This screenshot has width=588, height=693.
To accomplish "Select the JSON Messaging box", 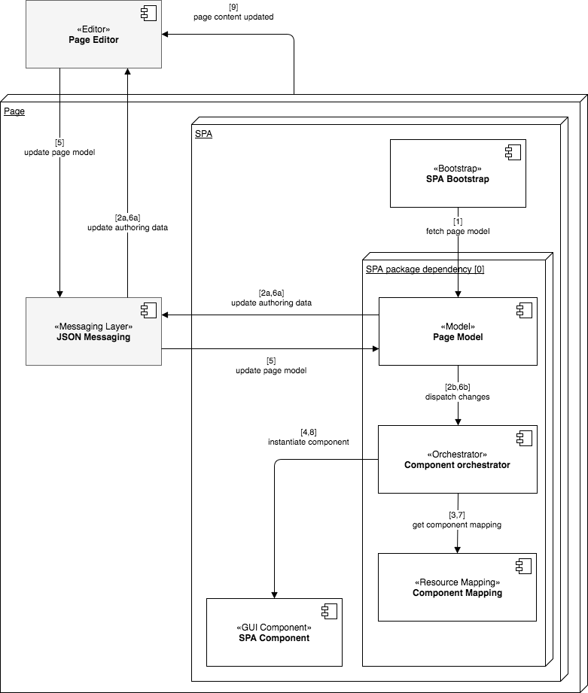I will (x=93, y=332).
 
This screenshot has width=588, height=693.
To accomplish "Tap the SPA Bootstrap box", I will (x=457, y=173).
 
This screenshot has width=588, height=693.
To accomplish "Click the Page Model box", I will (x=457, y=332).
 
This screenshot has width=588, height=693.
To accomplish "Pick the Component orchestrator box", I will (x=457, y=460).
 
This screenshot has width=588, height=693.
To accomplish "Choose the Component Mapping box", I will (x=457, y=588).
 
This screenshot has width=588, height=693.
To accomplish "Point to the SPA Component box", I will (x=274, y=632).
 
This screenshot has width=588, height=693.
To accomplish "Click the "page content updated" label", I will (x=233, y=17).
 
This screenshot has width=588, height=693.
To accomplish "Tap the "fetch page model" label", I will (x=457, y=231).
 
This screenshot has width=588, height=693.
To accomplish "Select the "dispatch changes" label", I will (x=457, y=397).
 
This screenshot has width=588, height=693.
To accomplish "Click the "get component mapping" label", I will (x=457, y=524).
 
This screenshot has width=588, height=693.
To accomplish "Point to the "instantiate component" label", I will (x=308, y=442).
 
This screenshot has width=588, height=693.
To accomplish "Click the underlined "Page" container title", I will (x=14, y=112).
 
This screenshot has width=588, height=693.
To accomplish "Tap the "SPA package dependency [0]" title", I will (x=424, y=269).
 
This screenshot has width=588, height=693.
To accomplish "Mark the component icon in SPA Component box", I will (x=329, y=610).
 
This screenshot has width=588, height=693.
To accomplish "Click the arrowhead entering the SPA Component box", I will (x=274, y=594).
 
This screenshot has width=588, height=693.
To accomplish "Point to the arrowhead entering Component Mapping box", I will (x=457, y=549).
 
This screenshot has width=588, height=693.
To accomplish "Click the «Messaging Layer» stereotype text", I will (x=93, y=326).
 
